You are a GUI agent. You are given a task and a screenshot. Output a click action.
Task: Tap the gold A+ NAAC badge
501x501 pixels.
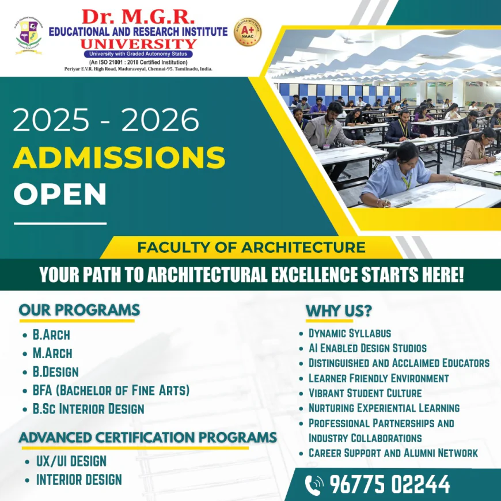pyautogui.click(x=248, y=32)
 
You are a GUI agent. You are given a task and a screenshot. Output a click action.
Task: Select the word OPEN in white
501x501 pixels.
pyautogui.click(x=60, y=194)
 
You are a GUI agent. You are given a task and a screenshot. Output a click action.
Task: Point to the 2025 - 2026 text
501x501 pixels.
pyautogui.click(x=106, y=120)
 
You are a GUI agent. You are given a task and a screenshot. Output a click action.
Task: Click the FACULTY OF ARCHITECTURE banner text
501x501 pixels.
pyautogui.click(x=251, y=248)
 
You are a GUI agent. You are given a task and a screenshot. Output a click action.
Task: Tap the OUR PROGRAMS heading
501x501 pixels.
pyautogui.click(x=79, y=310)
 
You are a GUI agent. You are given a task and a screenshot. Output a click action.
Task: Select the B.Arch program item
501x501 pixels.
pyautogui.click(x=51, y=335)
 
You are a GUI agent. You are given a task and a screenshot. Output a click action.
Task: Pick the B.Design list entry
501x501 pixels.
pyautogui.click(x=55, y=372)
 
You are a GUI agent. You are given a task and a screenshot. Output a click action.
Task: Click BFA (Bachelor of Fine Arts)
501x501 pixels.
pyautogui.click(x=111, y=390)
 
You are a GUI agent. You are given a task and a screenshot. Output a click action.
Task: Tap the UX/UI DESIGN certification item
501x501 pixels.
pyautogui.click(x=71, y=461)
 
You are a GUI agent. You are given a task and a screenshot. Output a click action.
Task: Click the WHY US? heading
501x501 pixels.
pyautogui.click(x=339, y=311)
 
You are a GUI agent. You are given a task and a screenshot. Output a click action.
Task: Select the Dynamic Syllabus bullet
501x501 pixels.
pyautogui.click(x=350, y=333)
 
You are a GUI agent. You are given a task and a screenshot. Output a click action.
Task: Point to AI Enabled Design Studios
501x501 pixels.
pyautogui.click(x=367, y=348)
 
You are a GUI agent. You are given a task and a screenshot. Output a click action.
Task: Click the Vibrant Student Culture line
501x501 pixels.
pyautogui.click(x=365, y=393)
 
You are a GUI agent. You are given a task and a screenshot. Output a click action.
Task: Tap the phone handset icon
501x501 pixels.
pyautogui.click(x=314, y=484)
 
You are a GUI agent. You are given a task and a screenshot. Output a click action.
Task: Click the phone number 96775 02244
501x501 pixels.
pyautogui.click(x=390, y=484)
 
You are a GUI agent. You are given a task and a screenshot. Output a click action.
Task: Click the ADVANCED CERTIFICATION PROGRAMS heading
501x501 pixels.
pyautogui.click(x=147, y=437)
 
